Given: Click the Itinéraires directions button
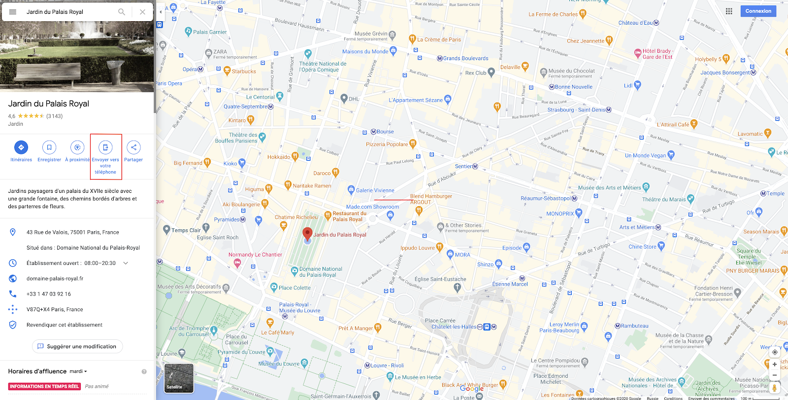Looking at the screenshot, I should pyautogui.click(x=21, y=147).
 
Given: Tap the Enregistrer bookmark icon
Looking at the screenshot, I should pyautogui.click(x=49, y=147).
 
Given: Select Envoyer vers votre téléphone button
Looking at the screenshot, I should pyautogui.click(x=105, y=147).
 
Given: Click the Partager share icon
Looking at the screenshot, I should pyautogui.click(x=133, y=147).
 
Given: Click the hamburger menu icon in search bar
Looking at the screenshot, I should pyautogui.click(x=13, y=12).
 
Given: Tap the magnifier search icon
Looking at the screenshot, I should pyautogui.click(x=122, y=12).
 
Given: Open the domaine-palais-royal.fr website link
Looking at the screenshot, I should pyautogui.click(x=55, y=279).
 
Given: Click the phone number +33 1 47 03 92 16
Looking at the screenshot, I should pyautogui.click(x=49, y=294).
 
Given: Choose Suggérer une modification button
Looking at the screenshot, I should pyautogui.click(x=77, y=346).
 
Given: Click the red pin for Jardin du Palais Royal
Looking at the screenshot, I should pyautogui.click(x=307, y=234).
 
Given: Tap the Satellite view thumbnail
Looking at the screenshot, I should pyautogui.click(x=179, y=378).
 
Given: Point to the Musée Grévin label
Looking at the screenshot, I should pyautogui.click(x=371, y=34).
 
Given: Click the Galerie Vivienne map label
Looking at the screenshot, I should pyautogui.click(x=375, y=190).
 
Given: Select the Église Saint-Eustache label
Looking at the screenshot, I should pyautogui.click(x=440, y=279).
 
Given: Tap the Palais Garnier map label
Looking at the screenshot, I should pyautogui.click(x=210, y=32).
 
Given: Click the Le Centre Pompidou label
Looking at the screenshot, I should pyautogui.click(x=556, y=361).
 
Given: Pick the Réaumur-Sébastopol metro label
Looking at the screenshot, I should pyautogui.click(x=546, y=198).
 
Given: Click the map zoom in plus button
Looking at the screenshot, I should pyautogui.click(x=775, y=364).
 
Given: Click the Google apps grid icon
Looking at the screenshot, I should pyautogui.click(x=729, y=11).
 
